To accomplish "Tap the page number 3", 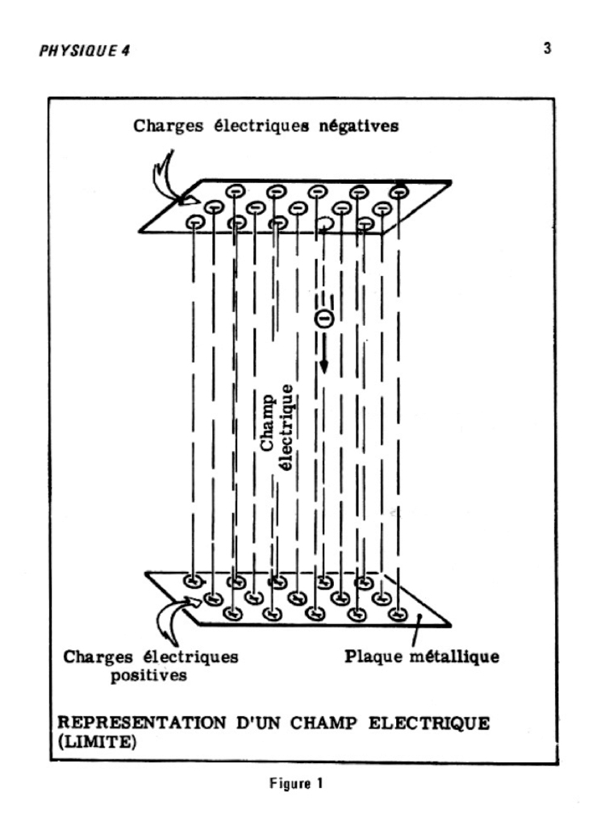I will pyautogui.click(x=548, y=48).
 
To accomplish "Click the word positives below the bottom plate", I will pyautogui.click(x=149, y=674).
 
